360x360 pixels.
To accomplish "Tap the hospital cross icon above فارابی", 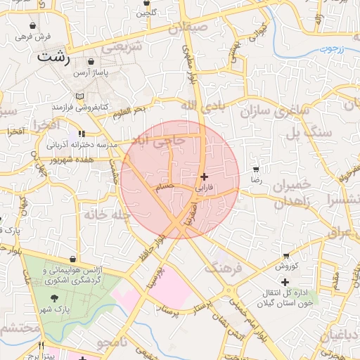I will click(204, 177).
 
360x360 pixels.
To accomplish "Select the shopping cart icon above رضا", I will click(256, 169).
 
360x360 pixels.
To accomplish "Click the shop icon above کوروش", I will click(286, 255).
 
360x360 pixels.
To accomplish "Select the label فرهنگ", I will click(223, 268).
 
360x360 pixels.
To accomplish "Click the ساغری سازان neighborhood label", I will click(274, 110).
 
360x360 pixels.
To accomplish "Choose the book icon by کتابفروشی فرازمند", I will click(79, 95).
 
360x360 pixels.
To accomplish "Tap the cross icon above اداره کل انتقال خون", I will click(285, 282).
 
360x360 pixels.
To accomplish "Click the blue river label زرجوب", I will click(331, 49).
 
